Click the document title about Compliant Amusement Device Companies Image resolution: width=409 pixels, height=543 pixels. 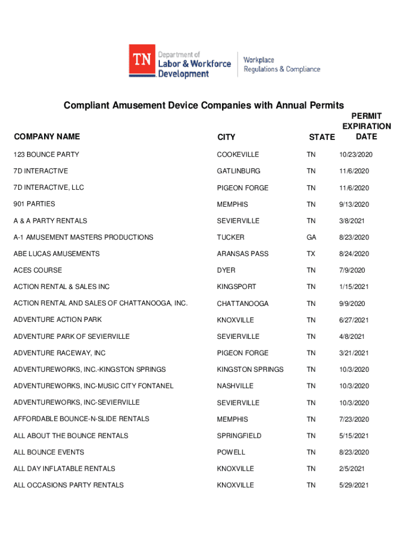204,105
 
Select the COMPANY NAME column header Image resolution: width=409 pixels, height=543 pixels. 47,137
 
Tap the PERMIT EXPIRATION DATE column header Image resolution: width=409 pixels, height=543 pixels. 367,126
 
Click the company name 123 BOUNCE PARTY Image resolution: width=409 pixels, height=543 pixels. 46,154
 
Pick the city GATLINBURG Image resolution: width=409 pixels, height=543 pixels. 238,171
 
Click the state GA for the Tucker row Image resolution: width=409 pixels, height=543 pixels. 311,238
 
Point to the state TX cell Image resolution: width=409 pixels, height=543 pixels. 311,254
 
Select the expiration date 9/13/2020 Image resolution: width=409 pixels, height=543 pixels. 354,205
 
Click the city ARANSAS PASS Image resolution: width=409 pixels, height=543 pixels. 243,254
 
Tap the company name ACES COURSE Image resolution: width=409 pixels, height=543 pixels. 38,270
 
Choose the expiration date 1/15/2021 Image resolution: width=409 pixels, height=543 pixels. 354,287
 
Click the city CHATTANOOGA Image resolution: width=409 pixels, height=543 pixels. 243,304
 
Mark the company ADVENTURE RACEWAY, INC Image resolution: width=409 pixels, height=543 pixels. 59,353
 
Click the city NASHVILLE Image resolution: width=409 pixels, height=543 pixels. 235,386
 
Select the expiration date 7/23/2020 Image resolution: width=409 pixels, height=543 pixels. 354,419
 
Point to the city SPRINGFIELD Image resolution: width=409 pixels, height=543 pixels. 239,436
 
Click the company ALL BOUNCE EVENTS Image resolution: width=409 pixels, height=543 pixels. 49,452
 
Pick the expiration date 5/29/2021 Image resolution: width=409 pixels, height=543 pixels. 354,485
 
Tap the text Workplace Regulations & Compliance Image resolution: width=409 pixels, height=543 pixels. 282,65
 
